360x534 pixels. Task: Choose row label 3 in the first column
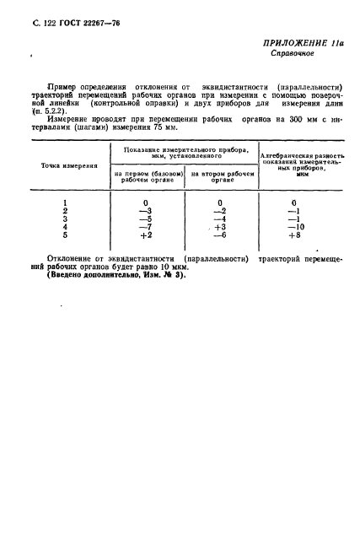(65, 218)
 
